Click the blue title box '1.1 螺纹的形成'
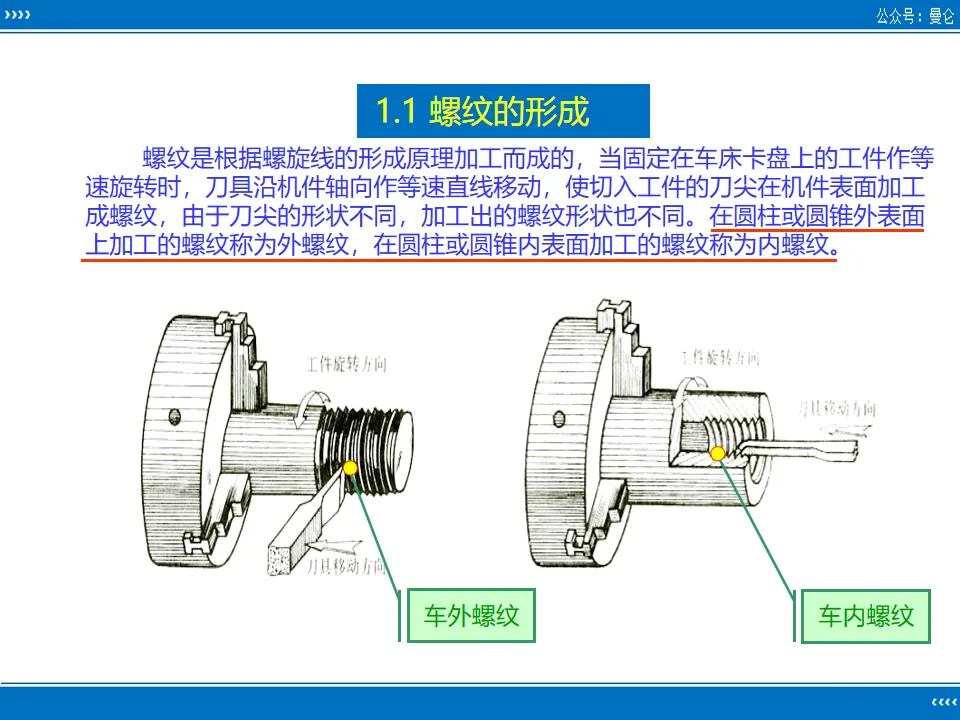click(x=503, y=111)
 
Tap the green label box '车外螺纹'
click(x=470, y=615)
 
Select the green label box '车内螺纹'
click(x=866, y=615)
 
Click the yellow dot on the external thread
click(x=350, y=467)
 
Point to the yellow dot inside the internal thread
click(x=717, y=455)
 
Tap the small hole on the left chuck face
click(x=173, y=416)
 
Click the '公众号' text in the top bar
click(x=897, y=16)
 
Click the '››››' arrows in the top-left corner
click(x=17, y=16)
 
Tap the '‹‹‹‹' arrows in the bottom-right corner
click(x=942, y=701)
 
